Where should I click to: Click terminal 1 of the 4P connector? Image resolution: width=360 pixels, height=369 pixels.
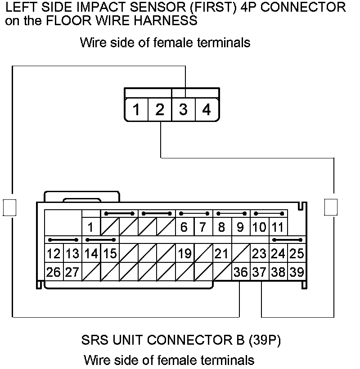click(136, 109)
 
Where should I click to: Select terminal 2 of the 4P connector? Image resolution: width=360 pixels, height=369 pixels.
click(160, 109)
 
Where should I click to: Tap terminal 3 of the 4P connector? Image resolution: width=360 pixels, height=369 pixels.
click(183, 109)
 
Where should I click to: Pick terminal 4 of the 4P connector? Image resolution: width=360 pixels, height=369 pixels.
click(207, 109)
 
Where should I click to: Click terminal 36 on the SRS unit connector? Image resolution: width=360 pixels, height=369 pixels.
click(241, 272)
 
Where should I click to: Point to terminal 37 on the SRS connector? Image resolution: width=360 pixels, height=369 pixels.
click(259, 272)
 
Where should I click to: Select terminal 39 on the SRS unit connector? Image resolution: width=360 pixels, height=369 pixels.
click(297, 272)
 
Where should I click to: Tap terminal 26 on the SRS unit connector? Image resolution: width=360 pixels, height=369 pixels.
click(54, 272)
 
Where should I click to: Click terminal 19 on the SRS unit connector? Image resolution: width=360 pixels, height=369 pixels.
click(184, 254)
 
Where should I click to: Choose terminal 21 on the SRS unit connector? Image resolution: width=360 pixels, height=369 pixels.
click(221, 254)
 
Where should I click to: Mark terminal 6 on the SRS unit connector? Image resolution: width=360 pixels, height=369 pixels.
click(184, 227)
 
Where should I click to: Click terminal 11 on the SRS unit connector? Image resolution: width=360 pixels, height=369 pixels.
click(278, 227)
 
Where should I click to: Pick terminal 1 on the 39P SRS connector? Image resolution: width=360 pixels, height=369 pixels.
click(91, 227)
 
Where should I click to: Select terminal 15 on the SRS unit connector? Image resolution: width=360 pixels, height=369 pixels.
click(110, 254)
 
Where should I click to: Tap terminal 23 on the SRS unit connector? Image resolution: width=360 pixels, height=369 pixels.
click(259, 254)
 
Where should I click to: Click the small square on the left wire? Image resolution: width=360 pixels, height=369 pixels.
click(9, 207)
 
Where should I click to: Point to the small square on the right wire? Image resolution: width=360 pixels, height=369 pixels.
click(331, 207)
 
